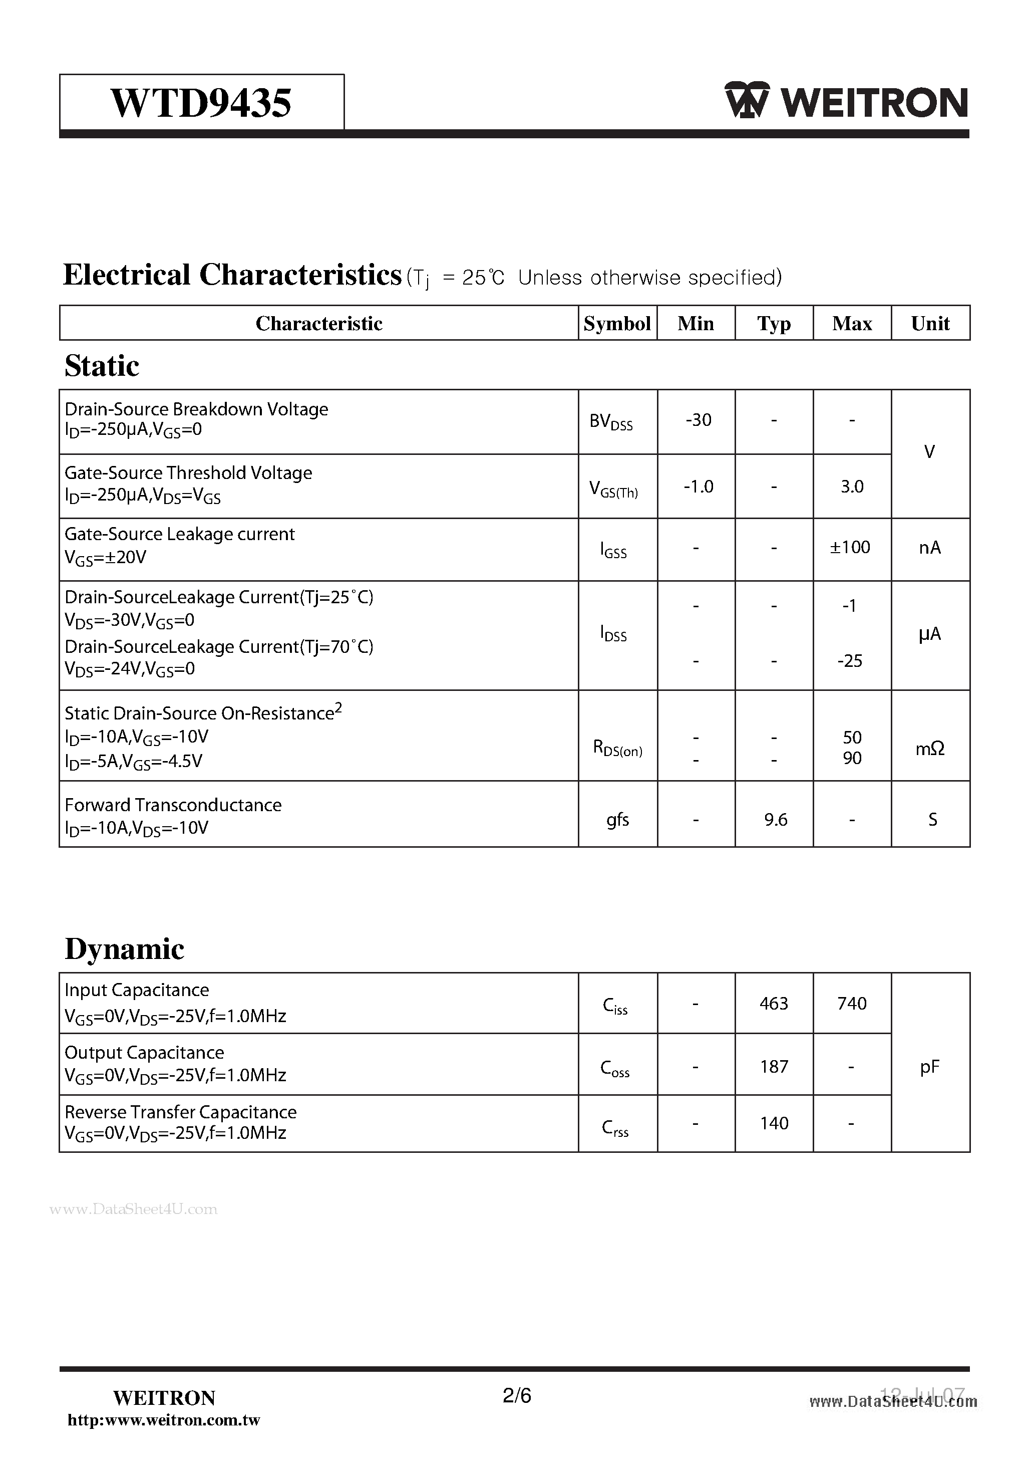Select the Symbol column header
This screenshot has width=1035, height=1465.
point(617,324)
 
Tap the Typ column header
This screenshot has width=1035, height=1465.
point(774,324)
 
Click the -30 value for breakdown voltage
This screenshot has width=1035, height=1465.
point(699,420)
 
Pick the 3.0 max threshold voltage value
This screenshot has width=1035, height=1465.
point(852,487)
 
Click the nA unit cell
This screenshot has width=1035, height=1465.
point(930,548)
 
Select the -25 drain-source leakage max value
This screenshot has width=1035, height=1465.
point(850,661)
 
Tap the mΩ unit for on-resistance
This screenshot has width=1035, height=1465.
point(930,749)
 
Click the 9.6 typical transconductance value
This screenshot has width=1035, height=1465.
point(776,820)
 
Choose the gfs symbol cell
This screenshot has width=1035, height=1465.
point(617,819)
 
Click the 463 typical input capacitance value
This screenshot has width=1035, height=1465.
point(774,1004)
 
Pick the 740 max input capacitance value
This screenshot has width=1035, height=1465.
point(852,1004)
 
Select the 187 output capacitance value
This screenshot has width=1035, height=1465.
point(774,1067)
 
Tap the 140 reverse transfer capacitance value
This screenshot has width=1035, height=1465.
point(774,1124)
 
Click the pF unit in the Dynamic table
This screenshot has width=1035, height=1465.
point(930,1067)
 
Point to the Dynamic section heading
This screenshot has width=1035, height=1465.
point(124,949)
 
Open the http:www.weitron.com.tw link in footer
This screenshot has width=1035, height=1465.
point(164,1420)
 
